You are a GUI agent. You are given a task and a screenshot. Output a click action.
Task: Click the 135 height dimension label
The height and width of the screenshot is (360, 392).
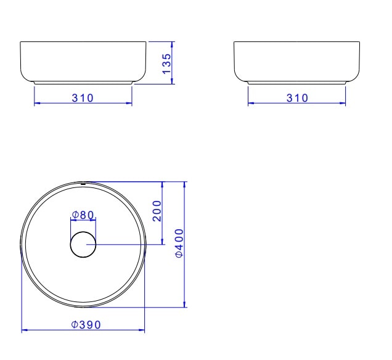166,63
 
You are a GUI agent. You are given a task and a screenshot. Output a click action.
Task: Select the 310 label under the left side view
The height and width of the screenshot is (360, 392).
83,99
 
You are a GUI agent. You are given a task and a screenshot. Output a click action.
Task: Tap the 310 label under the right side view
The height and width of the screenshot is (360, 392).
296,99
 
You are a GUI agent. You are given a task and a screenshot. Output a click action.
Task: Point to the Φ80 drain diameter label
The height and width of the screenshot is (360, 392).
83,215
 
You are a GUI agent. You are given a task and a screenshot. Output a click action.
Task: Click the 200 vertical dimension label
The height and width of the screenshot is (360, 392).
157,211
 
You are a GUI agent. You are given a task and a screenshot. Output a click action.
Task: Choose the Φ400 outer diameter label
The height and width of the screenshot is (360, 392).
179,243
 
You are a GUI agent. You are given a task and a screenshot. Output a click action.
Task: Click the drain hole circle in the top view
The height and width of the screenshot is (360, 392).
83,245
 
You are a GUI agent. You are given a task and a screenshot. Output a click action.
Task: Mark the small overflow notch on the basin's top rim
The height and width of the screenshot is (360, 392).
83,183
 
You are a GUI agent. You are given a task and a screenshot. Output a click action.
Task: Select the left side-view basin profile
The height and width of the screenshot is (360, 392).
83,62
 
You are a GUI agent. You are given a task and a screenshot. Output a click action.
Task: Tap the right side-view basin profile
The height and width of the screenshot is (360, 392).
296,62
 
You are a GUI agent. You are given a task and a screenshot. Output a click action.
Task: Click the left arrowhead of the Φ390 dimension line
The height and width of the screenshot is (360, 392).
24,330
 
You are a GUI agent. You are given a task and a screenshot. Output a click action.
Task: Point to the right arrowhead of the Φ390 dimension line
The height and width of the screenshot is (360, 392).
142,330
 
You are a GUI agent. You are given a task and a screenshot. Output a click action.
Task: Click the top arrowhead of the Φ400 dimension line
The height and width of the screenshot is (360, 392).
185,184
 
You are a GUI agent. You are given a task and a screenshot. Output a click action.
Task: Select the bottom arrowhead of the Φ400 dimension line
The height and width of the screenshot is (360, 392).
185,304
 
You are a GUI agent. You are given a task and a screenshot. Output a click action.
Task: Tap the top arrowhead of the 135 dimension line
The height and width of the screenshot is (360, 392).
172,44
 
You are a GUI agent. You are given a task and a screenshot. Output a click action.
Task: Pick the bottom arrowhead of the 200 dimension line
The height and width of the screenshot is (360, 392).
161,242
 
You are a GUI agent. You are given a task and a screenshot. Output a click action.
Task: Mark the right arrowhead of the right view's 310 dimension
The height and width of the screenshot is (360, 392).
343,104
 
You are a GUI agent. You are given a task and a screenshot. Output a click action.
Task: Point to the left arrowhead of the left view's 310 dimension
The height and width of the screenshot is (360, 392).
36,104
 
